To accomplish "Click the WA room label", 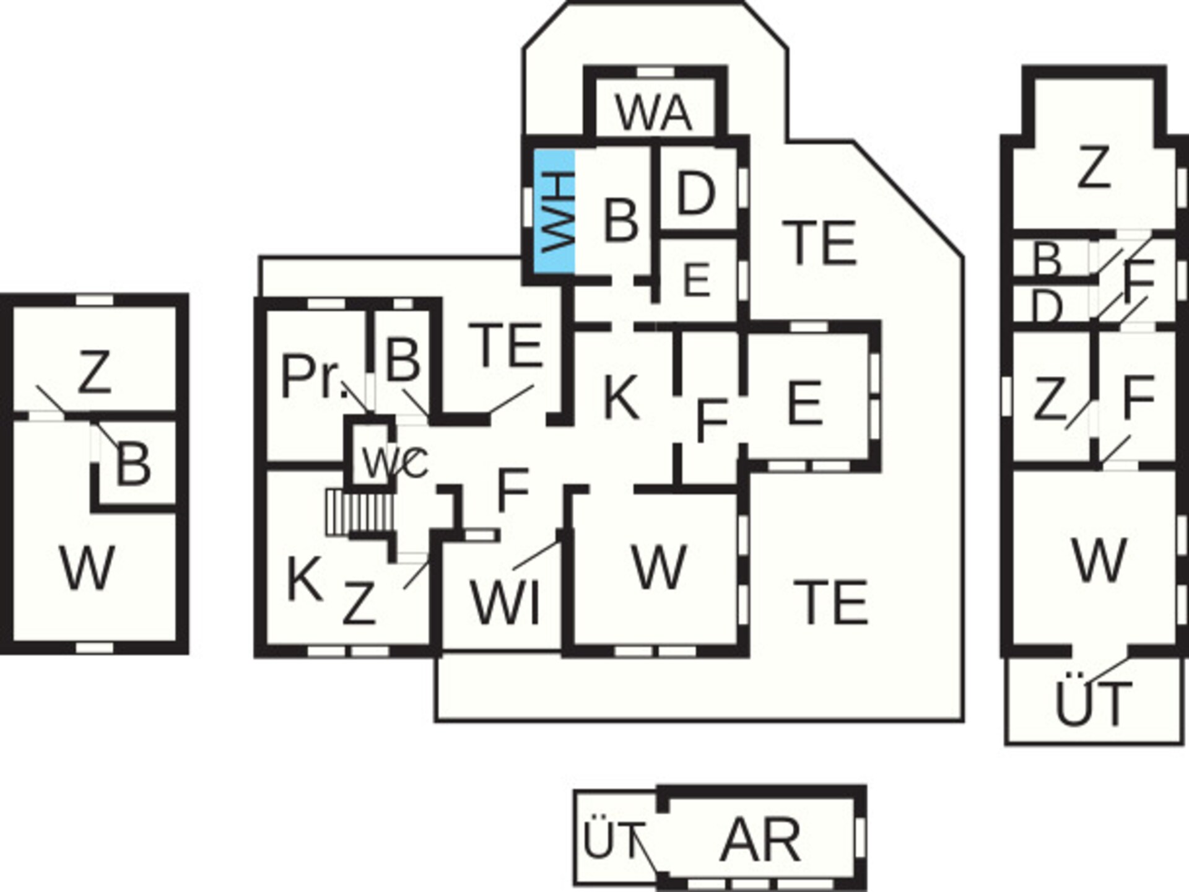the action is (x=653, y=113).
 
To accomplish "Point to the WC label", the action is (x=394, y=462).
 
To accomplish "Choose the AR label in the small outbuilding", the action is (x=760, y=840).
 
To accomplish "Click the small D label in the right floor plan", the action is (x=1048, y=307).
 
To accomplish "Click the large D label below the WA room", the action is (x=696, y=194).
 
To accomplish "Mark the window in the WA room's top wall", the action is (x=655, y=73).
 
